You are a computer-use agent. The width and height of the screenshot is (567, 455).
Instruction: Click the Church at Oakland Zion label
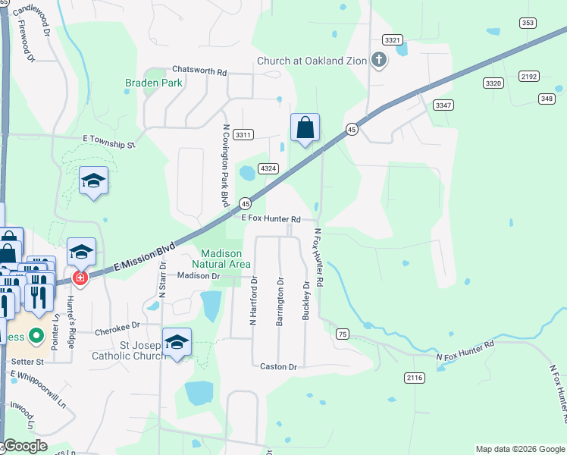[312, 61]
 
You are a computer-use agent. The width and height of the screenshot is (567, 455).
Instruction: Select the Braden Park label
[153, 83]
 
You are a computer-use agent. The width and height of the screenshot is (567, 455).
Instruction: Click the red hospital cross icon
[80, 278]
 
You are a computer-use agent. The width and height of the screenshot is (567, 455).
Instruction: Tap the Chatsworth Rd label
[199, 71]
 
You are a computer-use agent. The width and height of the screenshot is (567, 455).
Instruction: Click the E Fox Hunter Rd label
[271, 218]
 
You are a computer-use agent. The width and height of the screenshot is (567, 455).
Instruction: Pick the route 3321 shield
[393, 39]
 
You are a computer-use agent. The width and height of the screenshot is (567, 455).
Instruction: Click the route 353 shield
[528, 23]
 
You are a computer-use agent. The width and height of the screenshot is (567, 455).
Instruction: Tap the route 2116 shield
[415, 378]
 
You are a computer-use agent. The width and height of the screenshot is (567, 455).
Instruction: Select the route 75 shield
[343, 334]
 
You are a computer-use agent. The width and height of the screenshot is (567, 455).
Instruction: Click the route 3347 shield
[443, 104]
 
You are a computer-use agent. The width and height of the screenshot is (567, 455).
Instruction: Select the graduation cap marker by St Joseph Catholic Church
[177, 343]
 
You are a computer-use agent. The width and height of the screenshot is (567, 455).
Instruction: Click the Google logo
[25, 447]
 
